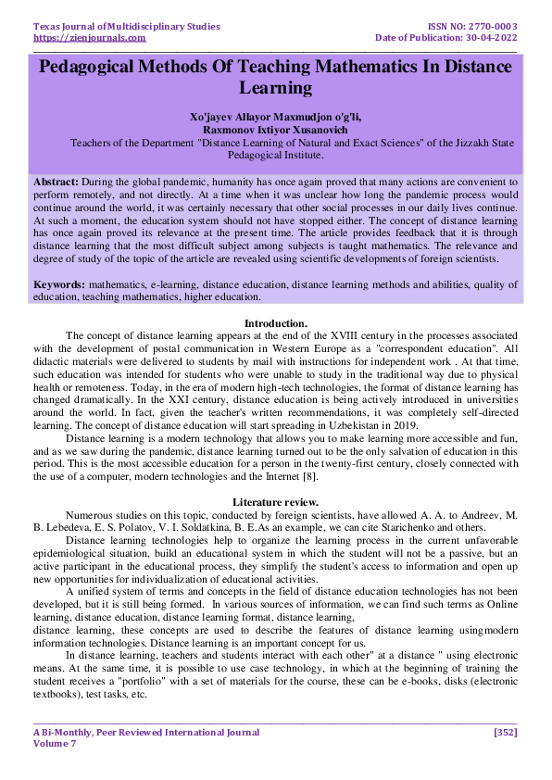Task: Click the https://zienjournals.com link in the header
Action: coord(89,38)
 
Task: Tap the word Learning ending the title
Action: coord(275,90)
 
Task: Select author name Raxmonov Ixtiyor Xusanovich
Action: coord(275,132)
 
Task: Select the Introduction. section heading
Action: coord(275,322)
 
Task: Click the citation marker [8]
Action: coord(313,476)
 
